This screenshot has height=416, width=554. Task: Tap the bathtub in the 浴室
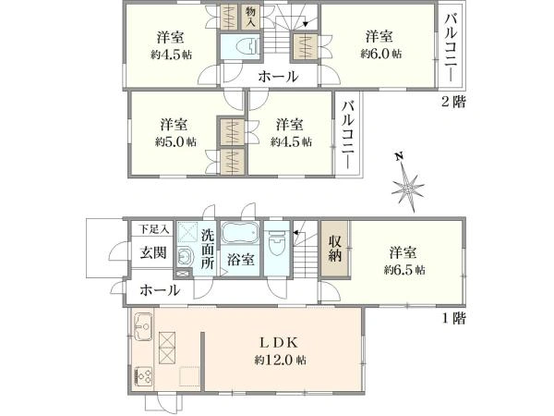[240, 233]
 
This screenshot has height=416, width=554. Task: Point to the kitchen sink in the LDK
[143, 326]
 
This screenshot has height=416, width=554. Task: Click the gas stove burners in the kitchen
[143, 376]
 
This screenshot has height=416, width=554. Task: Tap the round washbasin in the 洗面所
[184, 256]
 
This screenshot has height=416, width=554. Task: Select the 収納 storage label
[335, 249]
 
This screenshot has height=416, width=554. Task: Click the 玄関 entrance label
[153, 252]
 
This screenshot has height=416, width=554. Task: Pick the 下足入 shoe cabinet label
[153, 229]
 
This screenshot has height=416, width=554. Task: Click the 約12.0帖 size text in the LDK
[280, 361]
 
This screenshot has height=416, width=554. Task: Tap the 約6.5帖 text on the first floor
[404, 270]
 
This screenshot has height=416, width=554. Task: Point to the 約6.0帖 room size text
[381, 54]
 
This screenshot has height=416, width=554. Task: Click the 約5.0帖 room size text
[176, 141]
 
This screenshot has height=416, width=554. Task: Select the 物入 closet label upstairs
[250, 17]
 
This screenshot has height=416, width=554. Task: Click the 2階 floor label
[453, 102]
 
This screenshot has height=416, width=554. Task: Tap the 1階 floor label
[454, 318]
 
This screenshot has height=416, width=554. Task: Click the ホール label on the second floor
[279, 76]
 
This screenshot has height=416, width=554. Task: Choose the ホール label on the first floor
[160, 290]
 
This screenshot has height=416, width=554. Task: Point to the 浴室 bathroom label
[241, 260]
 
